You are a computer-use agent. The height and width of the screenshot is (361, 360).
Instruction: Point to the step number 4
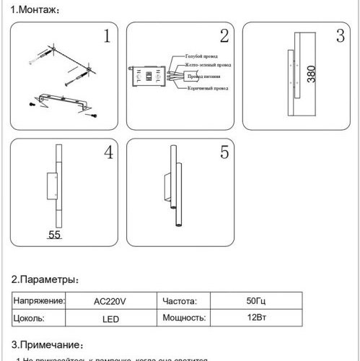pos(107,152)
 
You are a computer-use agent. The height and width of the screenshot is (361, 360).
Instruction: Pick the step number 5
pos(224,152)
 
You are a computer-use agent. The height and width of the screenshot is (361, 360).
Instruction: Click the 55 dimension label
pos(55,235)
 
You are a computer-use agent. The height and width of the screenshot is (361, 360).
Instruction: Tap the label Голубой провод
pos(202,56)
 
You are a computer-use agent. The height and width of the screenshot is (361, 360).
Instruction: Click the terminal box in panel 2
pos(146,76)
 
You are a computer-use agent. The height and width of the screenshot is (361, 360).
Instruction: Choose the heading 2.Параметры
pos(45,279)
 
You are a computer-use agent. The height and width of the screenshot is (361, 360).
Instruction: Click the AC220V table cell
pos(110,302)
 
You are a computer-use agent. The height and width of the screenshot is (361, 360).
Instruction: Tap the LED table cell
pos(110,318)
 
